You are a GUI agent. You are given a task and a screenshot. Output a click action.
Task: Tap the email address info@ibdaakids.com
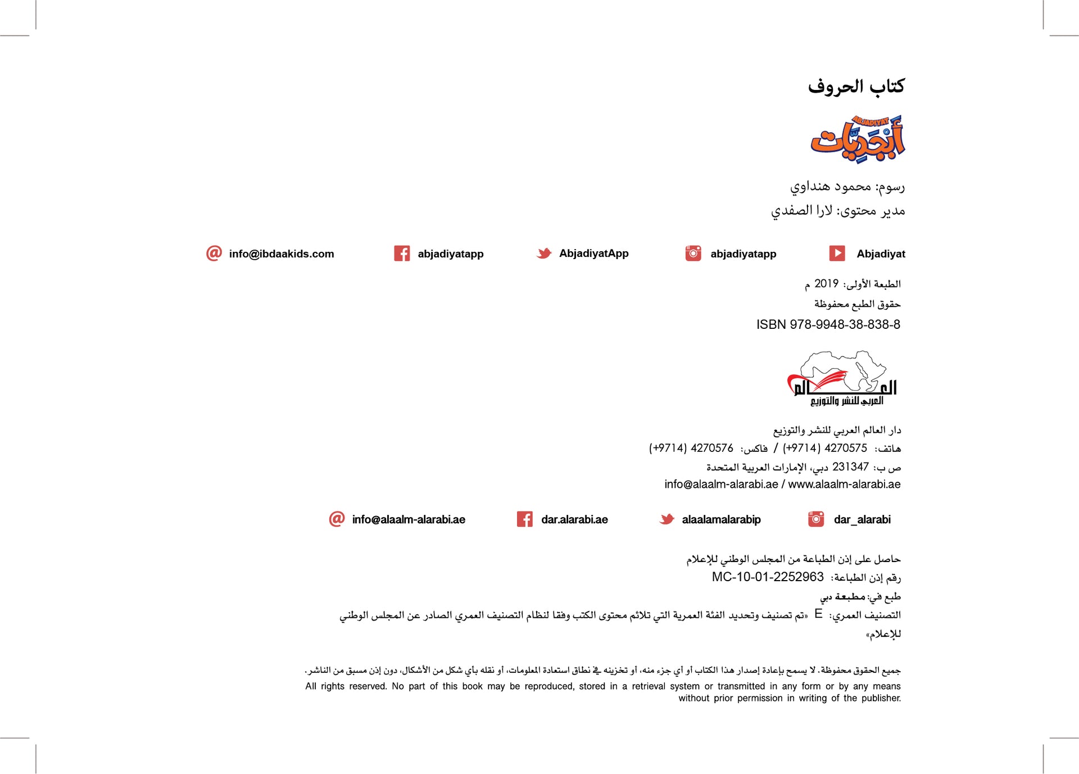[x=281, y=254]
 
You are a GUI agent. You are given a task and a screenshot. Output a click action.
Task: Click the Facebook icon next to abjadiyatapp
[x=402, y=254]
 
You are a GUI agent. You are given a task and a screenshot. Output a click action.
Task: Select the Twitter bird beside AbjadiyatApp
[x=544, y=254]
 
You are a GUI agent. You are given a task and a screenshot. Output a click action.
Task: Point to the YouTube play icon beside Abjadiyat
[x=837, y=254]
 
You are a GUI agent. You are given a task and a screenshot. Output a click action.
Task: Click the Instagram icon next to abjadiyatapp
[x=693, y=254]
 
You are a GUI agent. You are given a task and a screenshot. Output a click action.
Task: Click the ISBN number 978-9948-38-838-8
[x=845, y=325]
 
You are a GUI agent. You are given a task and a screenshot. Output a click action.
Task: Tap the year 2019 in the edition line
[x=826, y=284]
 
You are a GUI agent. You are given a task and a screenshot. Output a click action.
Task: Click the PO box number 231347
[x=850, y=467]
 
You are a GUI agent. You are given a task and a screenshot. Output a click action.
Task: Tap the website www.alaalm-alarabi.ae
[x=844, y=485]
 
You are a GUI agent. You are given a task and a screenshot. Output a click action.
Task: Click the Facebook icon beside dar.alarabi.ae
[x=524, y=519]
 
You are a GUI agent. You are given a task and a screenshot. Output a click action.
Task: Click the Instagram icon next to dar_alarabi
[x=816, y=519]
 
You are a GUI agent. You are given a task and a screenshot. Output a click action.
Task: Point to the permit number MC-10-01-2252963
[x=768, y=577]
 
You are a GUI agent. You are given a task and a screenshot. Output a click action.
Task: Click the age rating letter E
[x=818, y=614]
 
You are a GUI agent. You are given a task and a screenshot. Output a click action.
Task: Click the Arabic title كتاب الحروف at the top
[x=856, y=87]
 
